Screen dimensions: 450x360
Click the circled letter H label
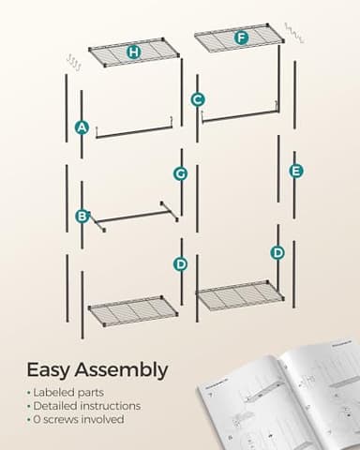point(133,52)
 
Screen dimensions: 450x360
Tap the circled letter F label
point(242,38)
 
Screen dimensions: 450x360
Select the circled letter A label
point(82,127)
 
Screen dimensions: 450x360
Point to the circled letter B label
point(82,216)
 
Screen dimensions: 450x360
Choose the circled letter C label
point(198,98)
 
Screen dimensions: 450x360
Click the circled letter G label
point(181,173)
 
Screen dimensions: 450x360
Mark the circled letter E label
point(296,171)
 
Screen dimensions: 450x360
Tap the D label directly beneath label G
point(181,264)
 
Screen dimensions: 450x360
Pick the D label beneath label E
point(277,252)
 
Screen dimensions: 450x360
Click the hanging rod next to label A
point(133,130)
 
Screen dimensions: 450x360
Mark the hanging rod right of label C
point(239,115)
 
